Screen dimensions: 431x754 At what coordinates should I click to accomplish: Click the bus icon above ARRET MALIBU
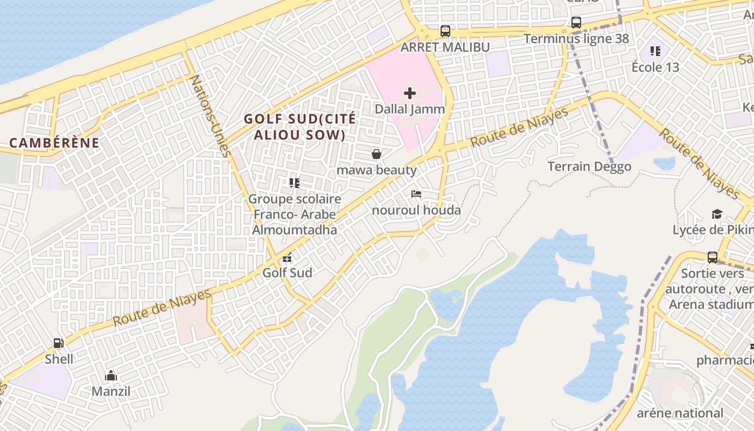click(445, 31)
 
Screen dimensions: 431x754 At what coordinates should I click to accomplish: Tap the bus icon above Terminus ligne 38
click(576, 23)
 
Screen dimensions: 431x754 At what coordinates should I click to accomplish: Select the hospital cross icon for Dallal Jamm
click(410, 93)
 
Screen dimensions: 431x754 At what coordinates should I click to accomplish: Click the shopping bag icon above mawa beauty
click(376, 155)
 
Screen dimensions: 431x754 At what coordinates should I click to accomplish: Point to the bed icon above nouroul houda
click(416, 194)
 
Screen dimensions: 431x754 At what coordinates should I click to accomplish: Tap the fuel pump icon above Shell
click(58, 343)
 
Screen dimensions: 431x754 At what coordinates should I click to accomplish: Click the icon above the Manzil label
click(111, 376)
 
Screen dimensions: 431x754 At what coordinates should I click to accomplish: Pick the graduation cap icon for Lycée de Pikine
click(717, 214)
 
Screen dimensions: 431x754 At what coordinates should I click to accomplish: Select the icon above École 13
click(655, 51)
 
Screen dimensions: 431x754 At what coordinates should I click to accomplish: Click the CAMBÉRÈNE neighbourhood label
click(54, 143)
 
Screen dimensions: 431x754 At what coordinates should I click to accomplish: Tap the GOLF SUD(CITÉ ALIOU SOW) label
click(300, 127)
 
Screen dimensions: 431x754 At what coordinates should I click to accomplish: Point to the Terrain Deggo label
click(589, 166)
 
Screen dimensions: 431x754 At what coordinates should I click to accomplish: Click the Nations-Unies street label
click(211, 116)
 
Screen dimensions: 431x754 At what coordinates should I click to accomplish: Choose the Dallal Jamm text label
click(410, 109)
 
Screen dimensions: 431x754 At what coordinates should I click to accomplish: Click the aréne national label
click(680, 413)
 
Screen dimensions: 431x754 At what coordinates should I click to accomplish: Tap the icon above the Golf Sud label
click(287, 258)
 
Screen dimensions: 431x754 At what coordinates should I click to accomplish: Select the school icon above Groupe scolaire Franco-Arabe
click(294, 183)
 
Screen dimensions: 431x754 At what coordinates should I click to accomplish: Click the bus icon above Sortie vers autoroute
click(713, 257)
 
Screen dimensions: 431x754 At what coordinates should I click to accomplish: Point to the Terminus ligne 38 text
click(576, 39)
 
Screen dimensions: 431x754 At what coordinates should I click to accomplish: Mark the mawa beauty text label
click(376, 170)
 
